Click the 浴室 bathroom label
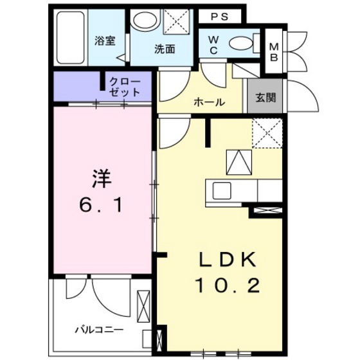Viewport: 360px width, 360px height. pyautogui.click(x=105, y=41)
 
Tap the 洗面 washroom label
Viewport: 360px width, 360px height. pyautogui.click(x=165, y=48)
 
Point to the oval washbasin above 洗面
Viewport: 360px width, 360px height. pyautogui.click(x=145, y=21)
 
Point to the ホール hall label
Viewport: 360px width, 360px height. pyautogui.click(x=209, y=101)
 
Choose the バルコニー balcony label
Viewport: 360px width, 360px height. pyautogui.click(x=98, y=330)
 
